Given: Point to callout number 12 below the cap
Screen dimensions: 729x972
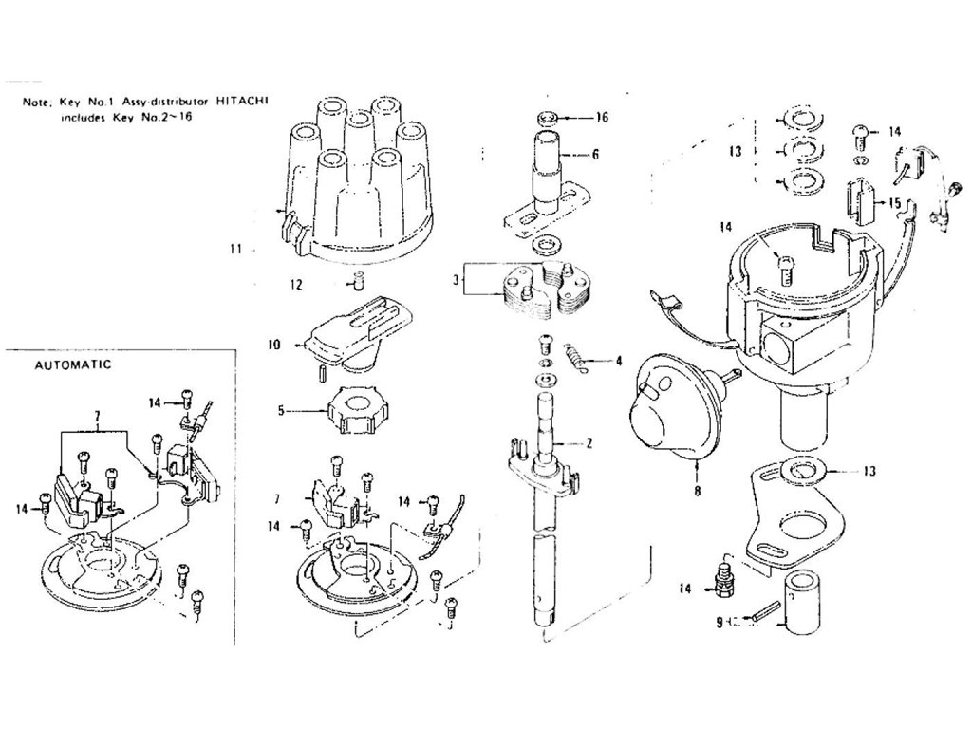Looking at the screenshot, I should pyautogui.click(x=295, y=283).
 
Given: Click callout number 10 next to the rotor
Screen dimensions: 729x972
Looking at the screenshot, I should pyautogui.click(x=273, y=346).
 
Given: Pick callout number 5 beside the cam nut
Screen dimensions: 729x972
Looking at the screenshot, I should pyautogui.click(x=281, y=411).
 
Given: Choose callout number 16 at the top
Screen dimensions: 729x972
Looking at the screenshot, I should pyautogui.click(x=601, y=118).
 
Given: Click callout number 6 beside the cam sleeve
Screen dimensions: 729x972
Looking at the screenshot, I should pyautogui.click(x=594, y=154).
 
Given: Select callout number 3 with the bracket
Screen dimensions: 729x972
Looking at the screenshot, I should pyautogui.click(x=457, y=282).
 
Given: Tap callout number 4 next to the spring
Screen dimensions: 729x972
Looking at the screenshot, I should pyautogui.click(x=618, y=361).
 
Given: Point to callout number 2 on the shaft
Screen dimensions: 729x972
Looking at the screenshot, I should pyautogui.click(x=589, y=443).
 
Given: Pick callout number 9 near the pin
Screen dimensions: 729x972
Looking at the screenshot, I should pyautogui.click(x=719, y=623).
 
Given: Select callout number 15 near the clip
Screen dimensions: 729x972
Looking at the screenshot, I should pyautogui.click(x=895, y=203).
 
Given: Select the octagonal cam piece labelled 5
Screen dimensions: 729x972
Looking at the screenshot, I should pyautogui.click(x=358, y=414).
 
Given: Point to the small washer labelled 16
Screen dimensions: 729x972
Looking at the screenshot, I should pyautogui.click(x=547, y=118).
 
